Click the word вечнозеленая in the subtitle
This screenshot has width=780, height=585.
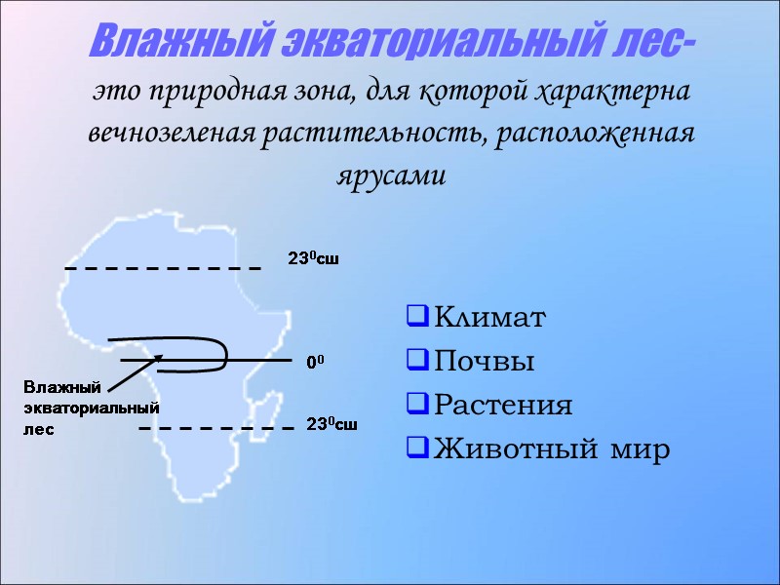(170, 134)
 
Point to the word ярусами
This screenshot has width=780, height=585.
(390, 175)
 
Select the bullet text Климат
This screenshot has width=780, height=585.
(490, 318)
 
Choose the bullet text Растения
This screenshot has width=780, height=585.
(503, 406)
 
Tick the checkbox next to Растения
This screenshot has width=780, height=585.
(416, 405)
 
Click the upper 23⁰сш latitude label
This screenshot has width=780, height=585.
(312, 259)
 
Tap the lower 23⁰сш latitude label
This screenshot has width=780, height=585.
(331, 424)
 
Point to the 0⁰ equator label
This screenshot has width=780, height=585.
(315, 362)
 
